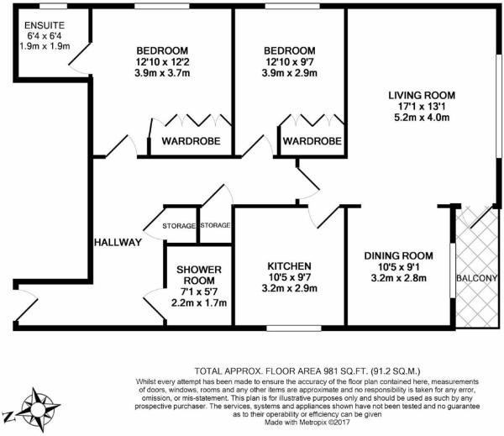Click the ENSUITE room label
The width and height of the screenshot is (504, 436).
coord(45,25)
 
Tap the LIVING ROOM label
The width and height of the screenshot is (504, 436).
coord(422,95)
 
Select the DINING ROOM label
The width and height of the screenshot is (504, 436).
coord(398,256)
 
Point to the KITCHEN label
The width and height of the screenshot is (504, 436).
coord(289,266)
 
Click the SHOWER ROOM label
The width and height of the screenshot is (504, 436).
coord(199,275)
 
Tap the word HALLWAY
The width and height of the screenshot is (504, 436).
coord(118,243)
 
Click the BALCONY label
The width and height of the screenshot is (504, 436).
coord(477,278)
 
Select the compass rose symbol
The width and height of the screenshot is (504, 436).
coord(39,409)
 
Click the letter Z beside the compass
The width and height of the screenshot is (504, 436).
coord(8,417)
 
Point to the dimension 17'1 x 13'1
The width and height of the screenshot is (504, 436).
coord(422,106)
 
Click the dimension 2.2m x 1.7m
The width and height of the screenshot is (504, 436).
coord(199,303)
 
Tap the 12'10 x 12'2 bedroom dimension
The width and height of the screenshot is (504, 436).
coord(162,61)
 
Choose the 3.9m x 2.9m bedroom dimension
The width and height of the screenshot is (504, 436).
coord(289,73)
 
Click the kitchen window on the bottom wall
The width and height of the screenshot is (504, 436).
coord(294,328)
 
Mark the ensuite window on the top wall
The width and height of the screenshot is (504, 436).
coord(54,6)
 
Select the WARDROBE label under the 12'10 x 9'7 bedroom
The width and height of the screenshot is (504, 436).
coord(312,141)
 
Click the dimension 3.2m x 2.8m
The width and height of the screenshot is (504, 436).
coord(398,278)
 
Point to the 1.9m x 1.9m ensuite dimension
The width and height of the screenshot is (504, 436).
coord(45,46)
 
